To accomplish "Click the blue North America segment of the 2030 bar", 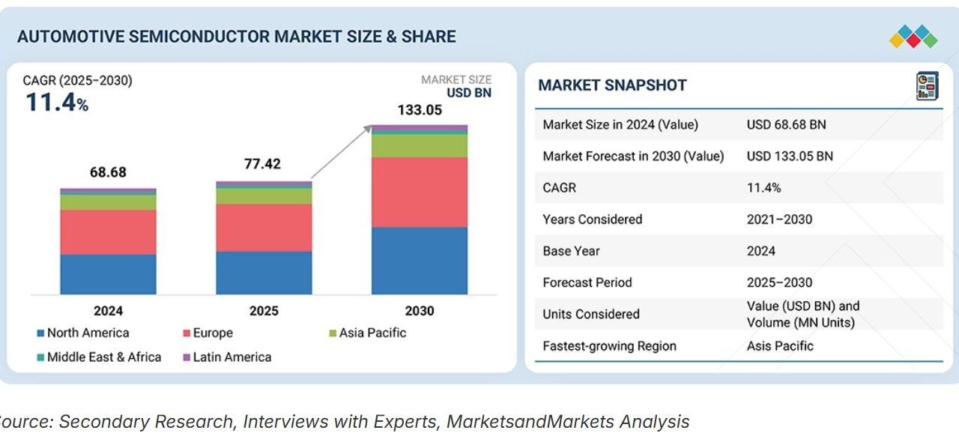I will (x=419, y=260).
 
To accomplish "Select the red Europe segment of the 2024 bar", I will (x=108, y=231).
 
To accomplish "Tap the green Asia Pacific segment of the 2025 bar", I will (x=264, y=196).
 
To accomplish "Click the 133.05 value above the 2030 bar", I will (x=420, y=110).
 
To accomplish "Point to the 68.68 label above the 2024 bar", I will (x=108, y=172).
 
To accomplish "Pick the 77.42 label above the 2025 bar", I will (x=262, y=164).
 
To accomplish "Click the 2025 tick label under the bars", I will (x=264, y=311).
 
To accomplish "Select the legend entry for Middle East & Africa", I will (x=103, y=357).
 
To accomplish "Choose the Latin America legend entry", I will (x=232, y=357).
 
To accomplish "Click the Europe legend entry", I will (x=212, y=333).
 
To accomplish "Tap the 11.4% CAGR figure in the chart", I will (x=57, y=102).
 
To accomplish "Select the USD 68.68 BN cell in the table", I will (x=786, y=124).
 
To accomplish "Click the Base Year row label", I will (x=571, y=251).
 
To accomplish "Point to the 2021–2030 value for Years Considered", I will (x=779, y=219).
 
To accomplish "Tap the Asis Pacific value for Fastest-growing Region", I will (x=780, y=346).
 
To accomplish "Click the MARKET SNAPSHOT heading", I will (x=612, y=85).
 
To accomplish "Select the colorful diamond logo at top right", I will (x=913, y=37).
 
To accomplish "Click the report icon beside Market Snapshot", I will (x=926, y=85).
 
